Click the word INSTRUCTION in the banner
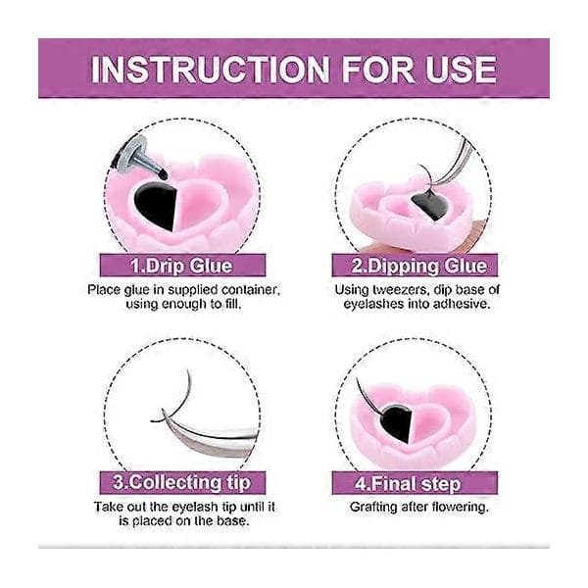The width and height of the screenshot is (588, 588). tap(211, 70)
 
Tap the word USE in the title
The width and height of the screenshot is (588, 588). tap(461, 70)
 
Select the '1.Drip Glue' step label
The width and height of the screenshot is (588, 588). tap(182, 266)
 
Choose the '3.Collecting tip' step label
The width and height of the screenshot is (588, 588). tap(182, 482)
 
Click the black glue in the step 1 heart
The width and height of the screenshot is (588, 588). tap(155, 206)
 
